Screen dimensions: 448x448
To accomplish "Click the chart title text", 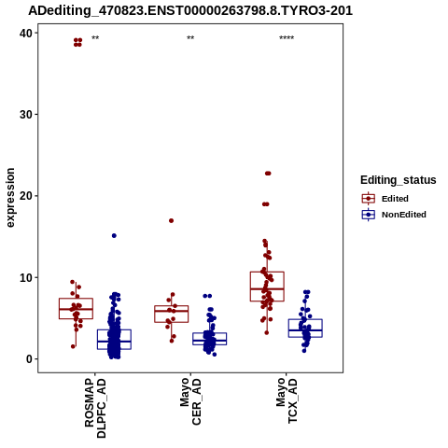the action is [x=190, y=10].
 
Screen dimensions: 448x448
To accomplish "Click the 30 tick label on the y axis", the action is [x=26, y=115].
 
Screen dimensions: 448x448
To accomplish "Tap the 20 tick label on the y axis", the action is [x=26, y=196].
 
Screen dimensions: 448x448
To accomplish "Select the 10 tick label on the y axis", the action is [x=26, y=277].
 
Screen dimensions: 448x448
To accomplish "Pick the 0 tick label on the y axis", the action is [x=30, y=359].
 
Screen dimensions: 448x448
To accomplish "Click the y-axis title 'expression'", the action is [x=10, y=198].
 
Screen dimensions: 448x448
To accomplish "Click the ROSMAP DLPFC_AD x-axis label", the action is [x=95, y=408].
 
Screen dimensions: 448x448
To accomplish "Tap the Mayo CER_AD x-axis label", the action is [x=190, y=401].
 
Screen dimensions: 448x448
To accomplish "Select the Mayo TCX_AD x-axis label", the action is [x=287, y=400].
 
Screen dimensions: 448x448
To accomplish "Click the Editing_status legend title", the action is [x=399, y=180].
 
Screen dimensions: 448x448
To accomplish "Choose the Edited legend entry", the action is [x=385, y=199].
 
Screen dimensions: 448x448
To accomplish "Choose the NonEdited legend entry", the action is [x=394, y=215].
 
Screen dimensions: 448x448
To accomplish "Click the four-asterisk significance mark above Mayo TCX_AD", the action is [x=287, y=38].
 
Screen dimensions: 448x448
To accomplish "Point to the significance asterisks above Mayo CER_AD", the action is [x=190, y=38].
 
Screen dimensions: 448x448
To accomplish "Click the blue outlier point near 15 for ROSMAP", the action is [x=114, y=236].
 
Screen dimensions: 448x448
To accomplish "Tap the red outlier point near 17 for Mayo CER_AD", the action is [x=171, y=221].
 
